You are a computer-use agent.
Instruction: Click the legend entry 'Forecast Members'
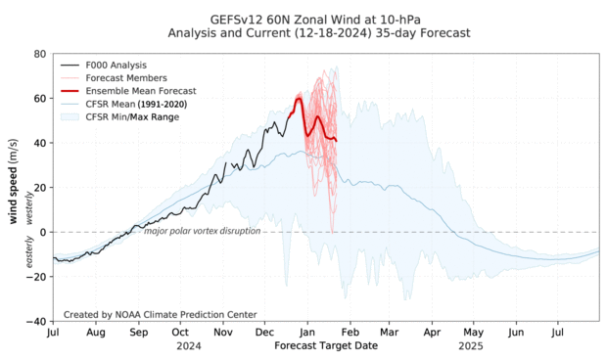[x=125, y=77]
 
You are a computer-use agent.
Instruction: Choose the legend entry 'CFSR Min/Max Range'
[x=136, y=117]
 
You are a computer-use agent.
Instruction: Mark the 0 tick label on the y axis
[x=42, y=232]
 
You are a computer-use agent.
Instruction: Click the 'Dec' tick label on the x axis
[x=264, y=334]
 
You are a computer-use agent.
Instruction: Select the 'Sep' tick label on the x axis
[x=138, y=334]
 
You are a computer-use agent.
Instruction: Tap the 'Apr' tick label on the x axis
[x=432, y=334]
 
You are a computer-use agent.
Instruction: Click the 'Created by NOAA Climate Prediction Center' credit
[x=160, y=314]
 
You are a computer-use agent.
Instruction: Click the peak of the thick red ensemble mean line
[x=299, y=99]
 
